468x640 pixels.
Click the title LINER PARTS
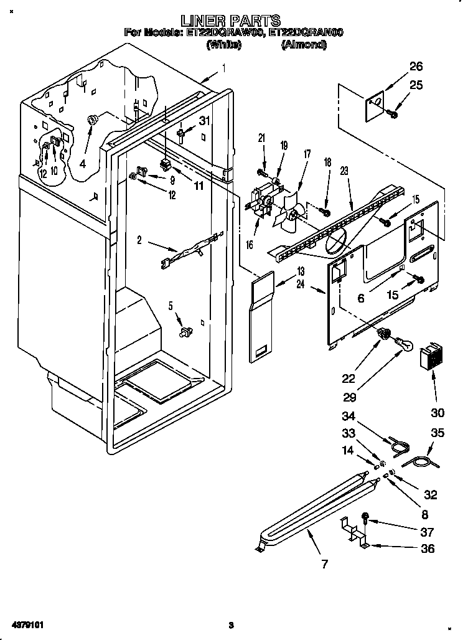tap(234, 21)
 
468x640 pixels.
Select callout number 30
tap(438, 412)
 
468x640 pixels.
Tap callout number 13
tap(301, 271)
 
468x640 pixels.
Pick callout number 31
tap(205, 121)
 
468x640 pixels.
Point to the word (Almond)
tap(303, 44)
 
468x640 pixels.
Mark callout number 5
tap(170, 306)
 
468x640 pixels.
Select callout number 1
tap(223, 68)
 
